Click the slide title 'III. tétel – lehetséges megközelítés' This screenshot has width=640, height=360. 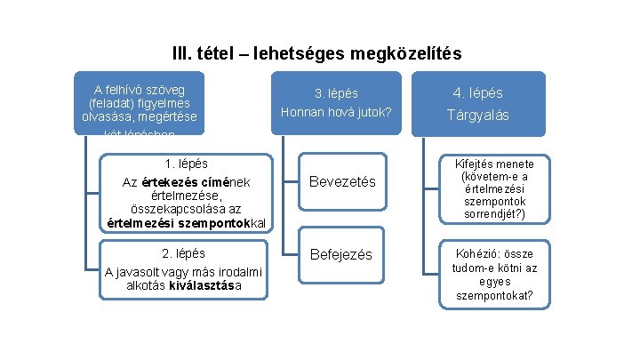tap(316, 54)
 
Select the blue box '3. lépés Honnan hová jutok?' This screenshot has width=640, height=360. tap(335, 102)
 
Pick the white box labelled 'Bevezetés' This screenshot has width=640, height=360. tap(341, 182)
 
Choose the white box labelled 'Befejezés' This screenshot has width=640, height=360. tap(341, 255)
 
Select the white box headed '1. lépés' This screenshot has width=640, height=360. tap(187, 192)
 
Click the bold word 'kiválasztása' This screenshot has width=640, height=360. tap(205, 286)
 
